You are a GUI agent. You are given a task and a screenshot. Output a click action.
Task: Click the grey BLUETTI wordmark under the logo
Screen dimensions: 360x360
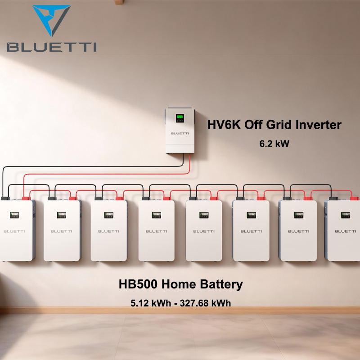point(51,47)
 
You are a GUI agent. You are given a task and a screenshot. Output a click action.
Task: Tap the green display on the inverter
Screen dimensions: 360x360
point(180,119)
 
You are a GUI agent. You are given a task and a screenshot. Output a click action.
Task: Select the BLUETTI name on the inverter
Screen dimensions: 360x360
point(180,133)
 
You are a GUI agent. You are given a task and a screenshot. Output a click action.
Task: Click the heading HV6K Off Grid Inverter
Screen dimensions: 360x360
point(274,125)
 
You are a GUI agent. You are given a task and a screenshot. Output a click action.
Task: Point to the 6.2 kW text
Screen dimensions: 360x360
point(274,144)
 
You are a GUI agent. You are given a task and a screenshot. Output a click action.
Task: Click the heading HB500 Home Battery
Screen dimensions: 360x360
point(180,284)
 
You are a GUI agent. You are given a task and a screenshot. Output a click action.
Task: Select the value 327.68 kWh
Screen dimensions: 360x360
point(205,303)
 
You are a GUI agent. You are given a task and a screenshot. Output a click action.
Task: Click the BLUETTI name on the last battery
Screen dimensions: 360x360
point(346,231)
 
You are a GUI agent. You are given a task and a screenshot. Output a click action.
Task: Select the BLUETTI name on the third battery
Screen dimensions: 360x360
point(108,231)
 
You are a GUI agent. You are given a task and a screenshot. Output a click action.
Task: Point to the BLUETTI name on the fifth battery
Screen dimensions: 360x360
point(203,231)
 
